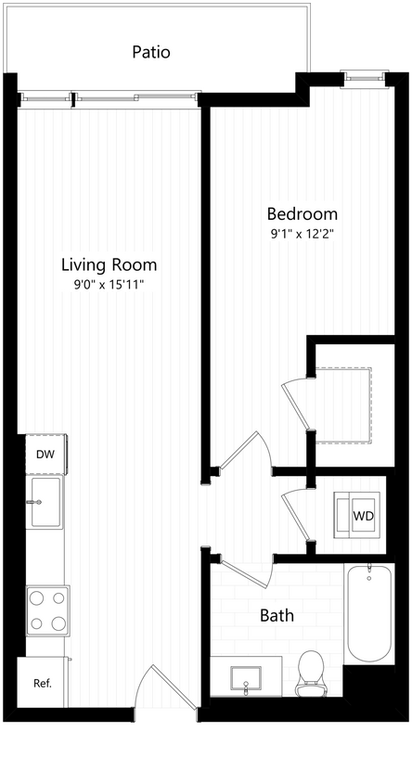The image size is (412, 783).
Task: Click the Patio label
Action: [x=150, y=52]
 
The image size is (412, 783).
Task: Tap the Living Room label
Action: [x=109, y=264]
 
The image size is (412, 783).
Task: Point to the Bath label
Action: [x=276, y=615]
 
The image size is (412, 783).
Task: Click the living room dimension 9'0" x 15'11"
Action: [x=109, y=285]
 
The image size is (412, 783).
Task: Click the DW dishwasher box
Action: [x=45, y=455]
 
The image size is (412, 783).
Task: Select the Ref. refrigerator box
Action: [x=43, y=684]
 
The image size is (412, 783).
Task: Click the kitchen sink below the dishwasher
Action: [x=45, y=501]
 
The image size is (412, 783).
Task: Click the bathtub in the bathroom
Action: [x=367, y=612]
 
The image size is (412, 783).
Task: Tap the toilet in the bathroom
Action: [x=310, y=673]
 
